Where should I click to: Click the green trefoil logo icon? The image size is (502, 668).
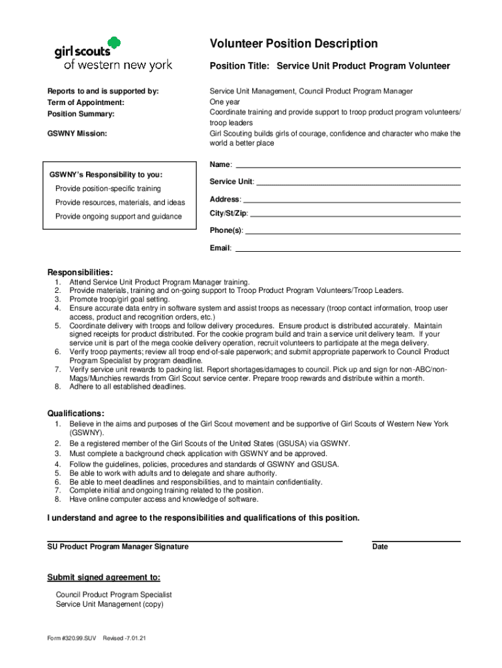(x=113, y=45)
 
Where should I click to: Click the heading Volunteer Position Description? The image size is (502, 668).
(x=293, y=44)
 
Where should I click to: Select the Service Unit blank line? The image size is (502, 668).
(x=358, y=185)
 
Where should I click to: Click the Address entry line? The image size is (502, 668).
(x=351, y=202)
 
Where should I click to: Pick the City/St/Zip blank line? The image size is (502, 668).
(x=355, y=216)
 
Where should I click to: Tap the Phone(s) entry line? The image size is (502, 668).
(x=353, y=233)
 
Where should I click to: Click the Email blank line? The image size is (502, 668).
(x=347, y=250)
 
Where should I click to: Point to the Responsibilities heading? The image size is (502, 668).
(x=80, y=272)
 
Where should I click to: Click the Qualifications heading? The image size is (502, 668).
(x=76, y=414)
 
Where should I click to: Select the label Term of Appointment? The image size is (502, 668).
(x=85, y=103)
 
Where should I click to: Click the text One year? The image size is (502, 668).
(x=225, y=102)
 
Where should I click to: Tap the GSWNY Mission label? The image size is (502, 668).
(x=77, y=133)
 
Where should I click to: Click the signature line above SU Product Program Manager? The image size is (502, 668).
(x=194, y=541)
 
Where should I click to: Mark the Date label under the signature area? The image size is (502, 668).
(x=380, y=547)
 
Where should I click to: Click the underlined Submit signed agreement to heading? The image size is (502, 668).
(x=104, y=578)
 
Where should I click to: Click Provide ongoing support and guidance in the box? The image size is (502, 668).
(x=119, y=217)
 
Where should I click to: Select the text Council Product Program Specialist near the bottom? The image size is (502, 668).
(x=114, y=595)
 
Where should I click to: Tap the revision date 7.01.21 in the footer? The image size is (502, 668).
(x=133, y=639)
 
